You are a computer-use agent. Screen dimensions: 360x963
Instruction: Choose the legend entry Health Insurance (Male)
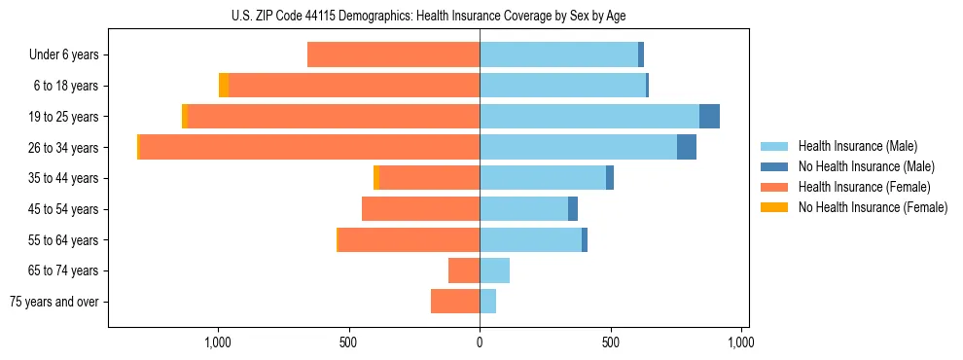click(857, 146)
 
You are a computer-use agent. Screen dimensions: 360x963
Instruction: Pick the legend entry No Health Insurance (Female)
click(873, 207)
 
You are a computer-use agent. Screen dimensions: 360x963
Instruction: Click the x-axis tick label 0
click(480, 342)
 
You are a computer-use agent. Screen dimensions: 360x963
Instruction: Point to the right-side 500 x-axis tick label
click(610, 342)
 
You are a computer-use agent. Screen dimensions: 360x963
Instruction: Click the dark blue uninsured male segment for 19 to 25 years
click(709, 117)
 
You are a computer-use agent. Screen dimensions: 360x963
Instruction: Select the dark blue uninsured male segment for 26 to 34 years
click(687, 147)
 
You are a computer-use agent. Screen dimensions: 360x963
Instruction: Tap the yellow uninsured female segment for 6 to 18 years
click(224, 86)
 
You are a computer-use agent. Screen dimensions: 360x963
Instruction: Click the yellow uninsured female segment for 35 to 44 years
click(376, 178)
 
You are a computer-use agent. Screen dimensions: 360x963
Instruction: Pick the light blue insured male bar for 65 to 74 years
click(494, 270)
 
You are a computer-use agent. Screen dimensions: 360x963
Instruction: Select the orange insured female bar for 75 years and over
click(455, 302)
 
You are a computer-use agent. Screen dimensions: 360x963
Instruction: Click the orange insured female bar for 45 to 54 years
click(420, 209)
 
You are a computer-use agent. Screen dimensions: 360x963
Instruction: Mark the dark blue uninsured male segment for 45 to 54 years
click(573, 209)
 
